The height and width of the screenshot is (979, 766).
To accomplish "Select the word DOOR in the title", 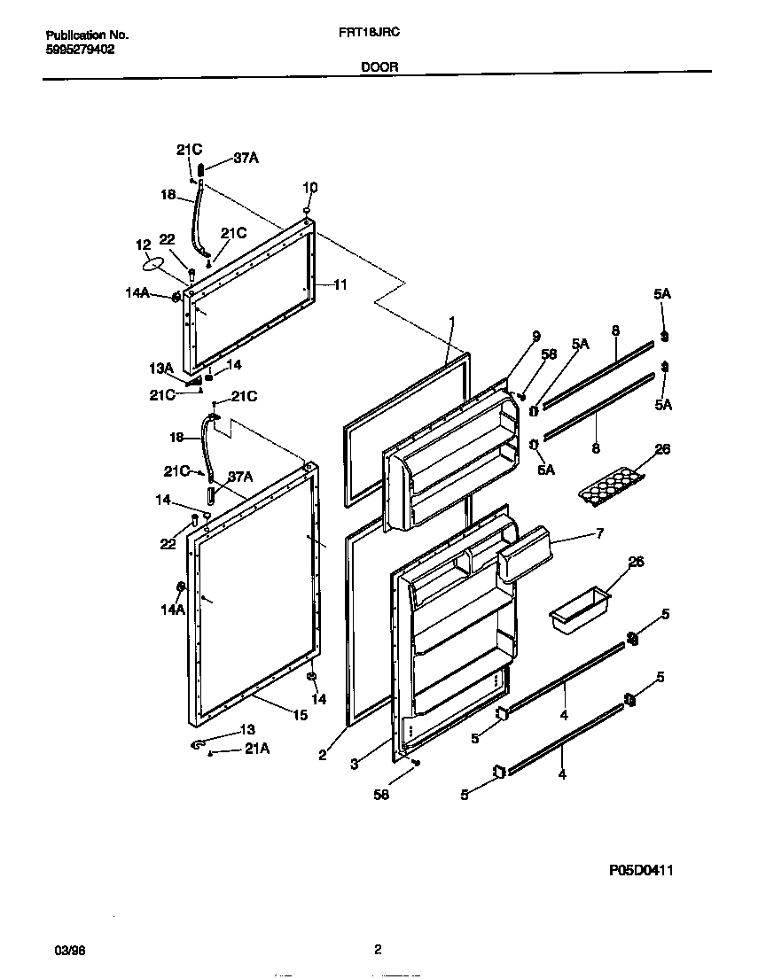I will (379, 66).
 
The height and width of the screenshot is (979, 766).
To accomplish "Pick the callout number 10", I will (309, 188).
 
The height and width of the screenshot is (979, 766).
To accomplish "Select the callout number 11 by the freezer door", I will (340, 284).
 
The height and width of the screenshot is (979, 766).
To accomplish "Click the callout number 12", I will (143, 245).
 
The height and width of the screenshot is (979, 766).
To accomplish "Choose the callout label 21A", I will (257, 750).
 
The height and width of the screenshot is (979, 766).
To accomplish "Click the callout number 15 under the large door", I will (300, 714).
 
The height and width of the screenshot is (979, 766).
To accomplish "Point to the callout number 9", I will (535, 335).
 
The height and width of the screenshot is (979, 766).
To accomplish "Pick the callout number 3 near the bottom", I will (354, 763).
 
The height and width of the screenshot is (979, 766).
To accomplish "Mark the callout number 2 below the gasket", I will (324, 755).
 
